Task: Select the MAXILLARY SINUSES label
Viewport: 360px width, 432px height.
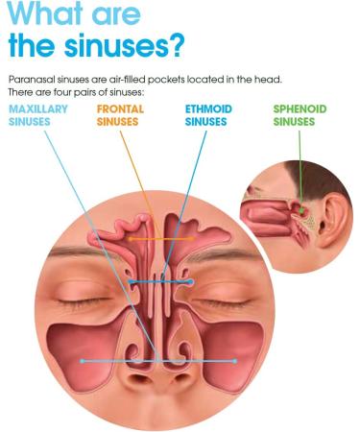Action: (x=39, y=115)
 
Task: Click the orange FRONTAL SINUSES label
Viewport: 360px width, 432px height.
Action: (x=122, y=115)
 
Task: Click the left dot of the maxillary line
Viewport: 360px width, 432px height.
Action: (x=84, y=361)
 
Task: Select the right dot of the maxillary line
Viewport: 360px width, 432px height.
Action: (x=235, y=361)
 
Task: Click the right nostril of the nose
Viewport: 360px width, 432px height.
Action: (x=179, y=380)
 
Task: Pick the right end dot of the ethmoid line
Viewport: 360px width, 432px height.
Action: (x=192, y=282)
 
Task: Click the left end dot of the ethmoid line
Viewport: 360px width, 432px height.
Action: (x=132, y=282)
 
